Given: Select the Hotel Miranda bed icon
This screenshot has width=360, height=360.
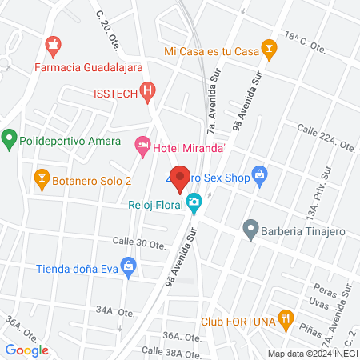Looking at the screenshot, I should (x=142, y=145).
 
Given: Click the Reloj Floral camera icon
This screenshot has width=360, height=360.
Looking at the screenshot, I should (x=194, y=203).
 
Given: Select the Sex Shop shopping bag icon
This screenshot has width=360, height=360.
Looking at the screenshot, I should (x=258, y=174).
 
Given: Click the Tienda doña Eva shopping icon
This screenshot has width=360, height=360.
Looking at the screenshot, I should (x=127, y=265).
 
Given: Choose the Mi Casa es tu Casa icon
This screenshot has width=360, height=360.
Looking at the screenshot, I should (x=270, y=50).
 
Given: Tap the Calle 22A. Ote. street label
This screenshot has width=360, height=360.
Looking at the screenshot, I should (x=325, y=138).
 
